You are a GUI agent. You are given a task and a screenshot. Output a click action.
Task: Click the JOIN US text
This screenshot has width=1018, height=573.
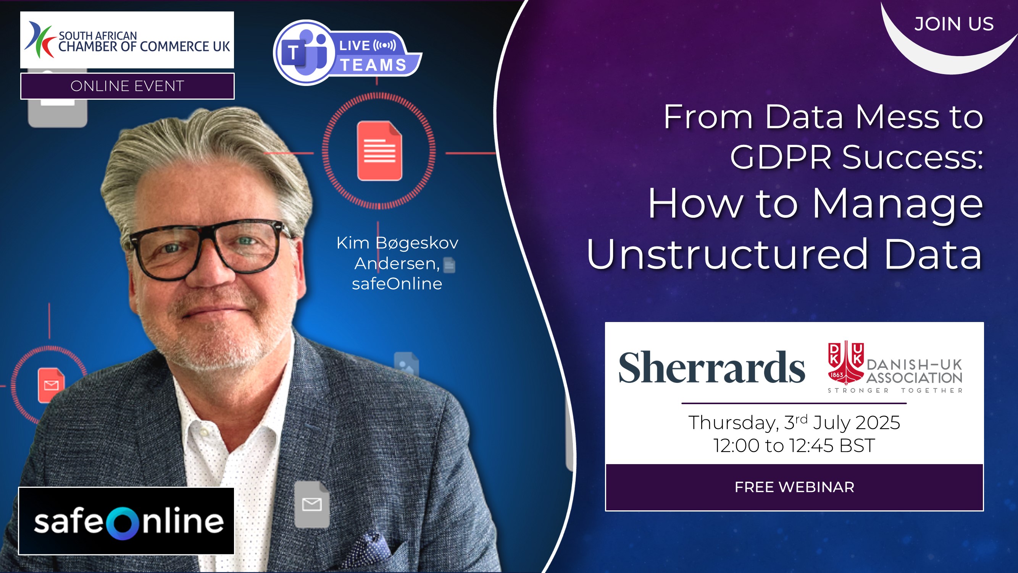tap(953, 24)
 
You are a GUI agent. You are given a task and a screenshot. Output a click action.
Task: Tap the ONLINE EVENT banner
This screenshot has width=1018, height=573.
tap(127, 86)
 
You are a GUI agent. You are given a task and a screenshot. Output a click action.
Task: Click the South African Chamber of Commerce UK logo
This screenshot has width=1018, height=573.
tap(127, 40)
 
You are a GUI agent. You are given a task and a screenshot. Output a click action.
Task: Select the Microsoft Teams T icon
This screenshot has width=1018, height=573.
tap(293, 53)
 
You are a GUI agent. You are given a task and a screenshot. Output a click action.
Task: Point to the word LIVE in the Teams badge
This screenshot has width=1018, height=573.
tap(355, 45)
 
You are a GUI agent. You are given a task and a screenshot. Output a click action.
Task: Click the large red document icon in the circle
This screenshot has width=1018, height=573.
tap(379, 151)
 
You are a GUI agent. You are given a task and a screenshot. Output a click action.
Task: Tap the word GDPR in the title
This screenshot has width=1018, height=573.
tap(780, 157)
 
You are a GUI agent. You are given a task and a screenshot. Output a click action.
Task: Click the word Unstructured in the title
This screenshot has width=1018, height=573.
tap(727, 254)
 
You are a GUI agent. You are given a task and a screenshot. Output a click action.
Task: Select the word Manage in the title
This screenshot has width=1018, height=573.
tap(897, 204)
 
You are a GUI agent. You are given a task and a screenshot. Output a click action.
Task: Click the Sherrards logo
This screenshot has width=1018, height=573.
tap(711, 368)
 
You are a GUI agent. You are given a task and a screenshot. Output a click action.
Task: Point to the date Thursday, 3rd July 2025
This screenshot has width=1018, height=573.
tap(794, 422)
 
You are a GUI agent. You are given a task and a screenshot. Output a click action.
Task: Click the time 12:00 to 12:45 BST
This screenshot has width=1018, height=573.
tap(794, 445)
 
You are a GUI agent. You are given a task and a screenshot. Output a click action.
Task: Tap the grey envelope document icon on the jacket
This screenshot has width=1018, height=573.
tap(312, 504)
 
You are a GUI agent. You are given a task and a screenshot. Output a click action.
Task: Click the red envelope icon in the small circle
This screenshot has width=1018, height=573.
tap(51, 385)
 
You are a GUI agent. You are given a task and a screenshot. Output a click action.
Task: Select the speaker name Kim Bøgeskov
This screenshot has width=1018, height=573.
tap(397, 243)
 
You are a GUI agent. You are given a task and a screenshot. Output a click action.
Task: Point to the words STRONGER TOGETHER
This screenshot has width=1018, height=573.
tap(895, 390)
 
